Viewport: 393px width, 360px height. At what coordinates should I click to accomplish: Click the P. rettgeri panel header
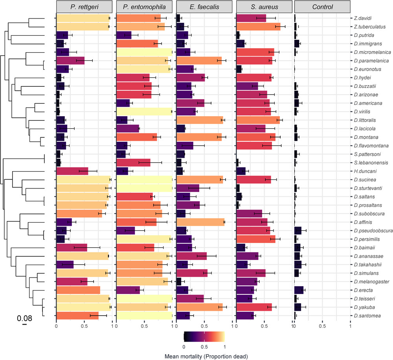pyautogui.click(x=84, y=7)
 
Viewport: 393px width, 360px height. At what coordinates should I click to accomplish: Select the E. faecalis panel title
pyautogui.click(x=204, y=7)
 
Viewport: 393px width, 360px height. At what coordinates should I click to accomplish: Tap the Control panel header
pyautogui.click(x=322, y=7)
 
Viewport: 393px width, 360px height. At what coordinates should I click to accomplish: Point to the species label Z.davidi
pyautogui.click(x=361, y=18)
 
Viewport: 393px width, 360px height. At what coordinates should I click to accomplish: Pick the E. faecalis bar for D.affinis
pyautogui.click(x=200, y=222)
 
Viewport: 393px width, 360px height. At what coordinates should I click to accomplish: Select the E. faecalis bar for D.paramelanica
pyautogui.click(x=199, y=60)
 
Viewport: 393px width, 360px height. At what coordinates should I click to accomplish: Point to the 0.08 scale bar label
pyautogui.click(x=24, y=318)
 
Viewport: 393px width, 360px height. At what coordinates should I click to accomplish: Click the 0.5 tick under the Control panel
pyautogui.click(x=322, y=325)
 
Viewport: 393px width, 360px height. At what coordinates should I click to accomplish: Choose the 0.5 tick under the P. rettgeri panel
pyautogui.click(x=84, y=325)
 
